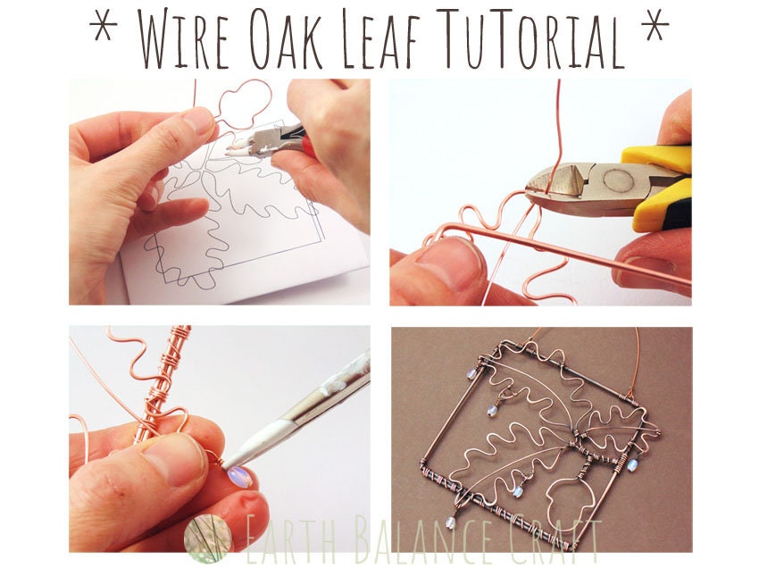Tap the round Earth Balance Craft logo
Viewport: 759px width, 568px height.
(x=207, y=538)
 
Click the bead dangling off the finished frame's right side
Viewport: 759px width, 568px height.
(x=632, y=464)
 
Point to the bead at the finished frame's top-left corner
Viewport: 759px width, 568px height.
(x=491, y=410)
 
